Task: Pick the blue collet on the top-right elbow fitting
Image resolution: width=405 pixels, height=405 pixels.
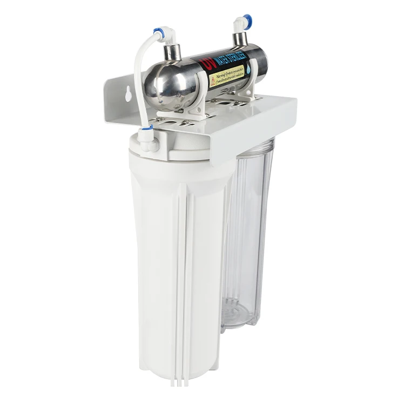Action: pyautogui.click(x=247, y=18)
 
